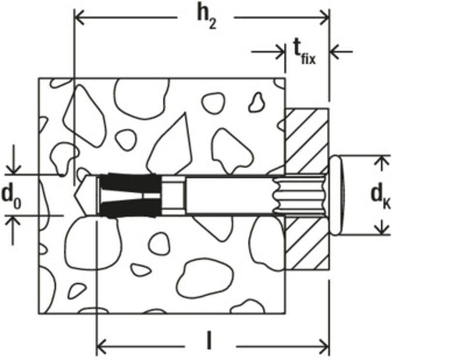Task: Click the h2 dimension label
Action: tap(207, 18)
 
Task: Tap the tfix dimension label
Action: tap(305, 52)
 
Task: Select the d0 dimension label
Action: tap(11, 196)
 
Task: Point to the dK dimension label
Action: tap(381, 197)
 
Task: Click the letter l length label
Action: tap(209, 341)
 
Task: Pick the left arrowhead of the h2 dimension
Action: tap(80, 17)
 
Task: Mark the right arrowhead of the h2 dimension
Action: tap(323, 17)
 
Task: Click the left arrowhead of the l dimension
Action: tap(102, 346)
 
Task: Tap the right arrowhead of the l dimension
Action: tap(323, 346)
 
